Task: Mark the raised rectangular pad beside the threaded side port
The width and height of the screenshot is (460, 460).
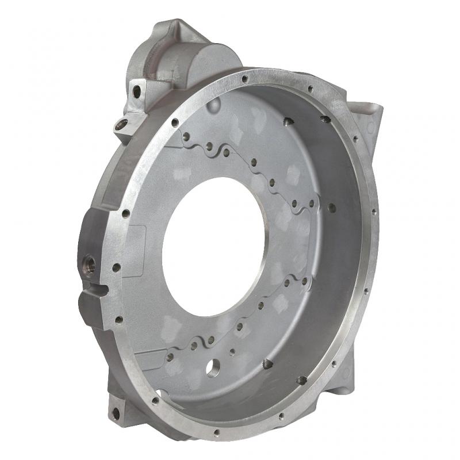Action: (134, 248)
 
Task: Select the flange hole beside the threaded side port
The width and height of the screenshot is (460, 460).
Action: (116, 267)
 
